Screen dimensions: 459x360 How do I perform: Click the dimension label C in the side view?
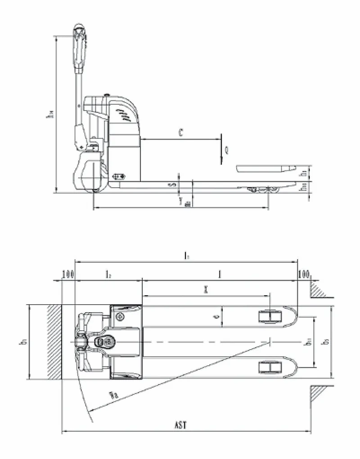pyautogui.click(x=180, y=133)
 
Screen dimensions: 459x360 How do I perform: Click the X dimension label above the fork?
pyautogui.click(x=205, y=290)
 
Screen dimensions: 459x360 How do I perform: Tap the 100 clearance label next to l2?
pyautogui.click(x=68, y=274)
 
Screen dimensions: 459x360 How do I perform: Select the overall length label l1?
pyautogui.click(x=186, y=255)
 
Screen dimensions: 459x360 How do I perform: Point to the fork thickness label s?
pyautogui.click(x=171, y=184)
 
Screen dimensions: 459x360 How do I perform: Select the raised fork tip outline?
pyautogui.click(x=265, y=169)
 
